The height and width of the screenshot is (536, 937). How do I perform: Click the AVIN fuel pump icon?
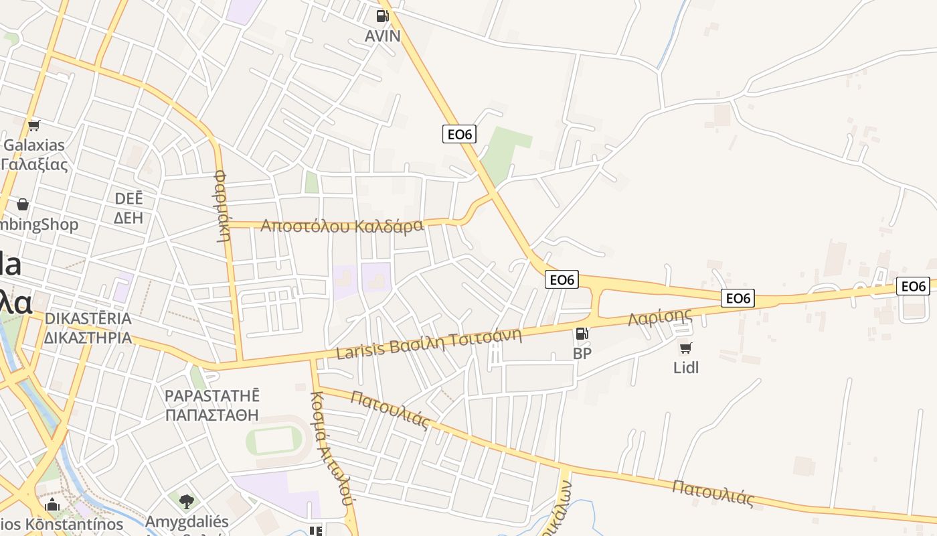(383, 15)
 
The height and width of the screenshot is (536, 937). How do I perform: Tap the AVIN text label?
(383, 36)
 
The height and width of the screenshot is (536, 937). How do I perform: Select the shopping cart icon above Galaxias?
(34, 125)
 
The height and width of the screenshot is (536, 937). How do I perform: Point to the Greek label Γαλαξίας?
(35, 164)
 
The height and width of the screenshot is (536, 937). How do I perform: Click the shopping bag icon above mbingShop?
(23, 204)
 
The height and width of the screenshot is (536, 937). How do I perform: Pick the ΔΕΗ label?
(129, 217)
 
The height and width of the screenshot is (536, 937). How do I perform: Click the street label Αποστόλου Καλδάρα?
(342, 226)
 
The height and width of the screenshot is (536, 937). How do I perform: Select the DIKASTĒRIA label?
(88, 318)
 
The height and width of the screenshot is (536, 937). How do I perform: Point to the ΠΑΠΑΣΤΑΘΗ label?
(211, 415)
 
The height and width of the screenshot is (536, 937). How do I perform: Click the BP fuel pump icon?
(582, 333)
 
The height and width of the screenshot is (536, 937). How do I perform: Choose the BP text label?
(582, 353)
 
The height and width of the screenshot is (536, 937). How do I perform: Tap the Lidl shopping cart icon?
(685, 348)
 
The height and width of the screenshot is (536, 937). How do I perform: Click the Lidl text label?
(686, 367)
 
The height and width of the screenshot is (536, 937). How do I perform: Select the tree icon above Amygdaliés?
(187, 501)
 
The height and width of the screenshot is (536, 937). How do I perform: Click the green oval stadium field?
(274, 440)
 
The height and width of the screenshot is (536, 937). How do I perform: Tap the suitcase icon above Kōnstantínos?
(53, 505)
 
